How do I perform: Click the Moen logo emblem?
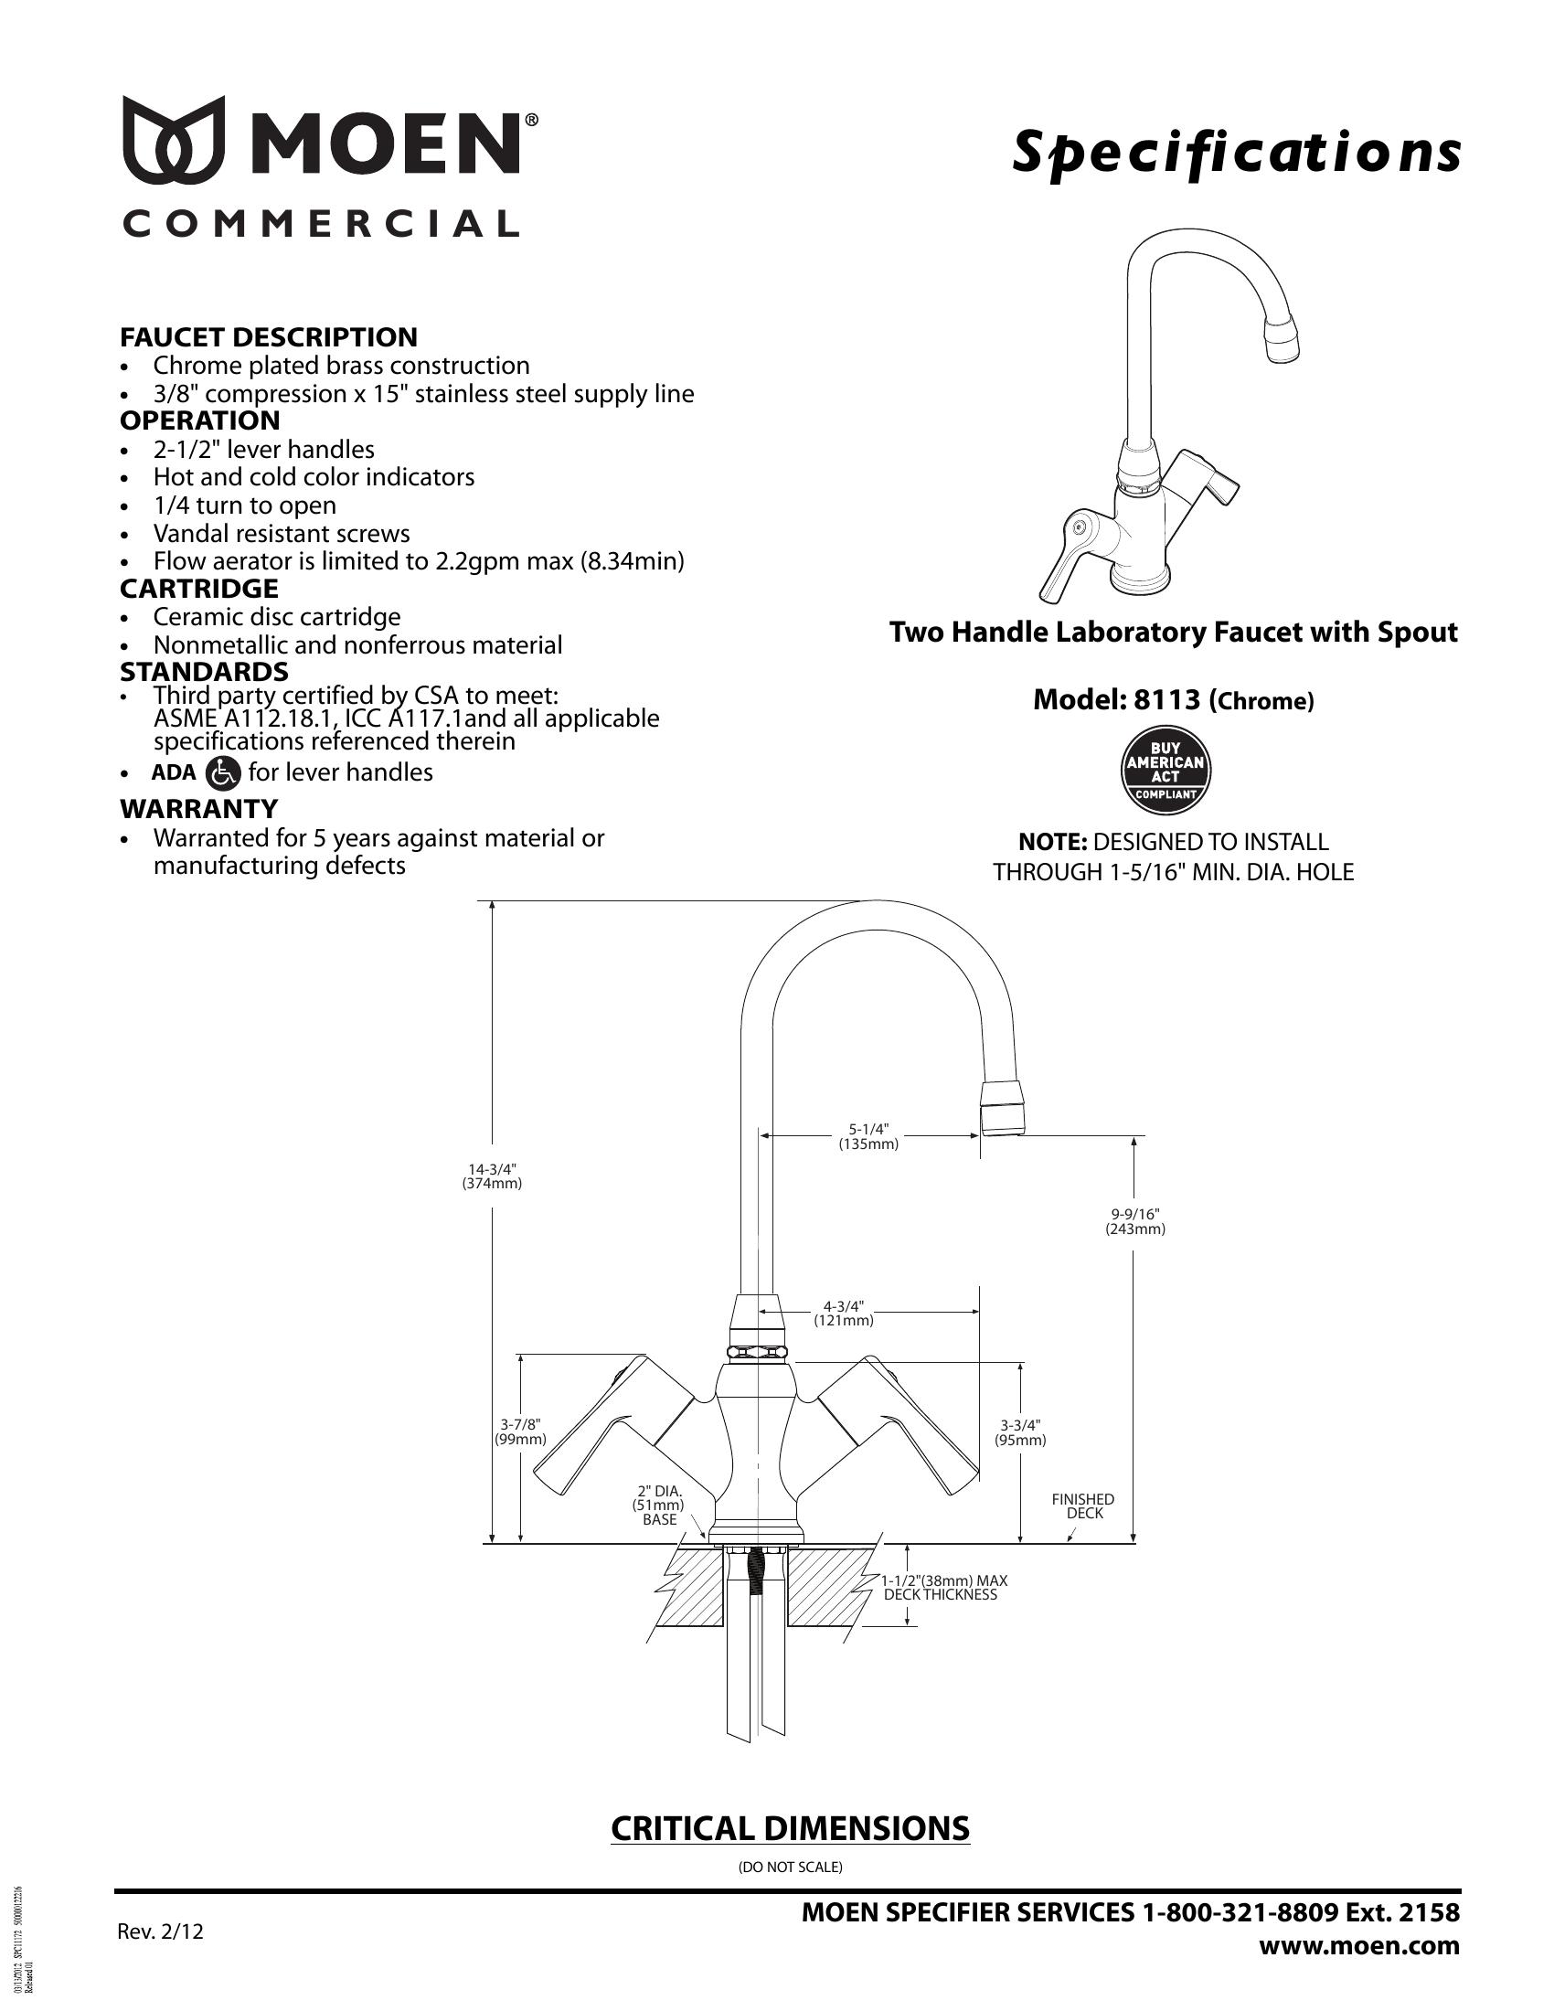click(174, 137)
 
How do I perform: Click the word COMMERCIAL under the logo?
click(320, 224)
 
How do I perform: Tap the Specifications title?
click(1236, 153)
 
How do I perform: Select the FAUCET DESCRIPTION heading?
click(268, 337)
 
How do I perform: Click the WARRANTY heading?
click(198, 808)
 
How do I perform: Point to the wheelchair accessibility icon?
click(225, 772)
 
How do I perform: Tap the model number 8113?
click(1166, 700)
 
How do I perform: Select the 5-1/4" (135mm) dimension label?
click(867, 1137)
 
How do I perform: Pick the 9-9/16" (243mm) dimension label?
click(1134, 1221)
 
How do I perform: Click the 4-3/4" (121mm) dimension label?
click(844, 1313)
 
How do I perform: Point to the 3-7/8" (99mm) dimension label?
click(520, 1431)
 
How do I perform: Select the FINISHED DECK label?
click(1082, 1506)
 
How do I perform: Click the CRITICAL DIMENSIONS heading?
click(790, 1828)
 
